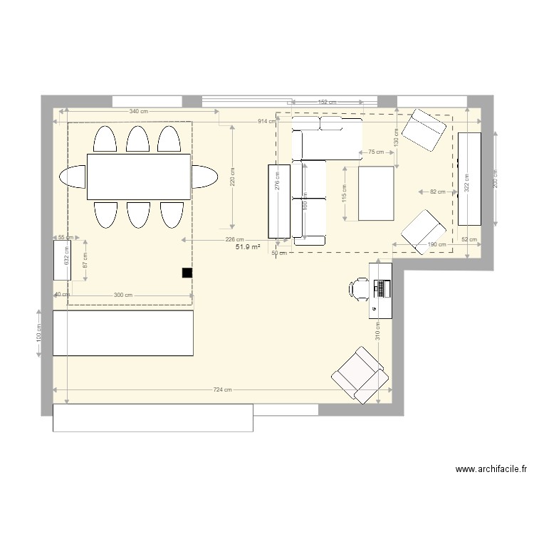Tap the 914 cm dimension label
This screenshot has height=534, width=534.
click(x=267, y=122)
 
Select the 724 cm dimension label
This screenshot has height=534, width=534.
click(x=223, y=389)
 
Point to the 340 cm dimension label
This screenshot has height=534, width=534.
click(x=139, y=112)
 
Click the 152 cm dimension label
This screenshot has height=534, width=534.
click(x=328, y=103)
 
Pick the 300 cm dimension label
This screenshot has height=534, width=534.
click(x=123, y=295)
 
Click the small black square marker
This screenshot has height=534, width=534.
click(x=187, y=272)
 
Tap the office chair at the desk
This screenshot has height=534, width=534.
click(x=358, y=288)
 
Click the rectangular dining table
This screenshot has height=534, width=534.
click(x=139, y=177)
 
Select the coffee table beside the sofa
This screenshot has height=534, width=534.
click(x=377, y=194)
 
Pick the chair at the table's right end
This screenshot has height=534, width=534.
click(x=204, y=177)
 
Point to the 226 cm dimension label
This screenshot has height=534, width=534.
click(x=235, y=240)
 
